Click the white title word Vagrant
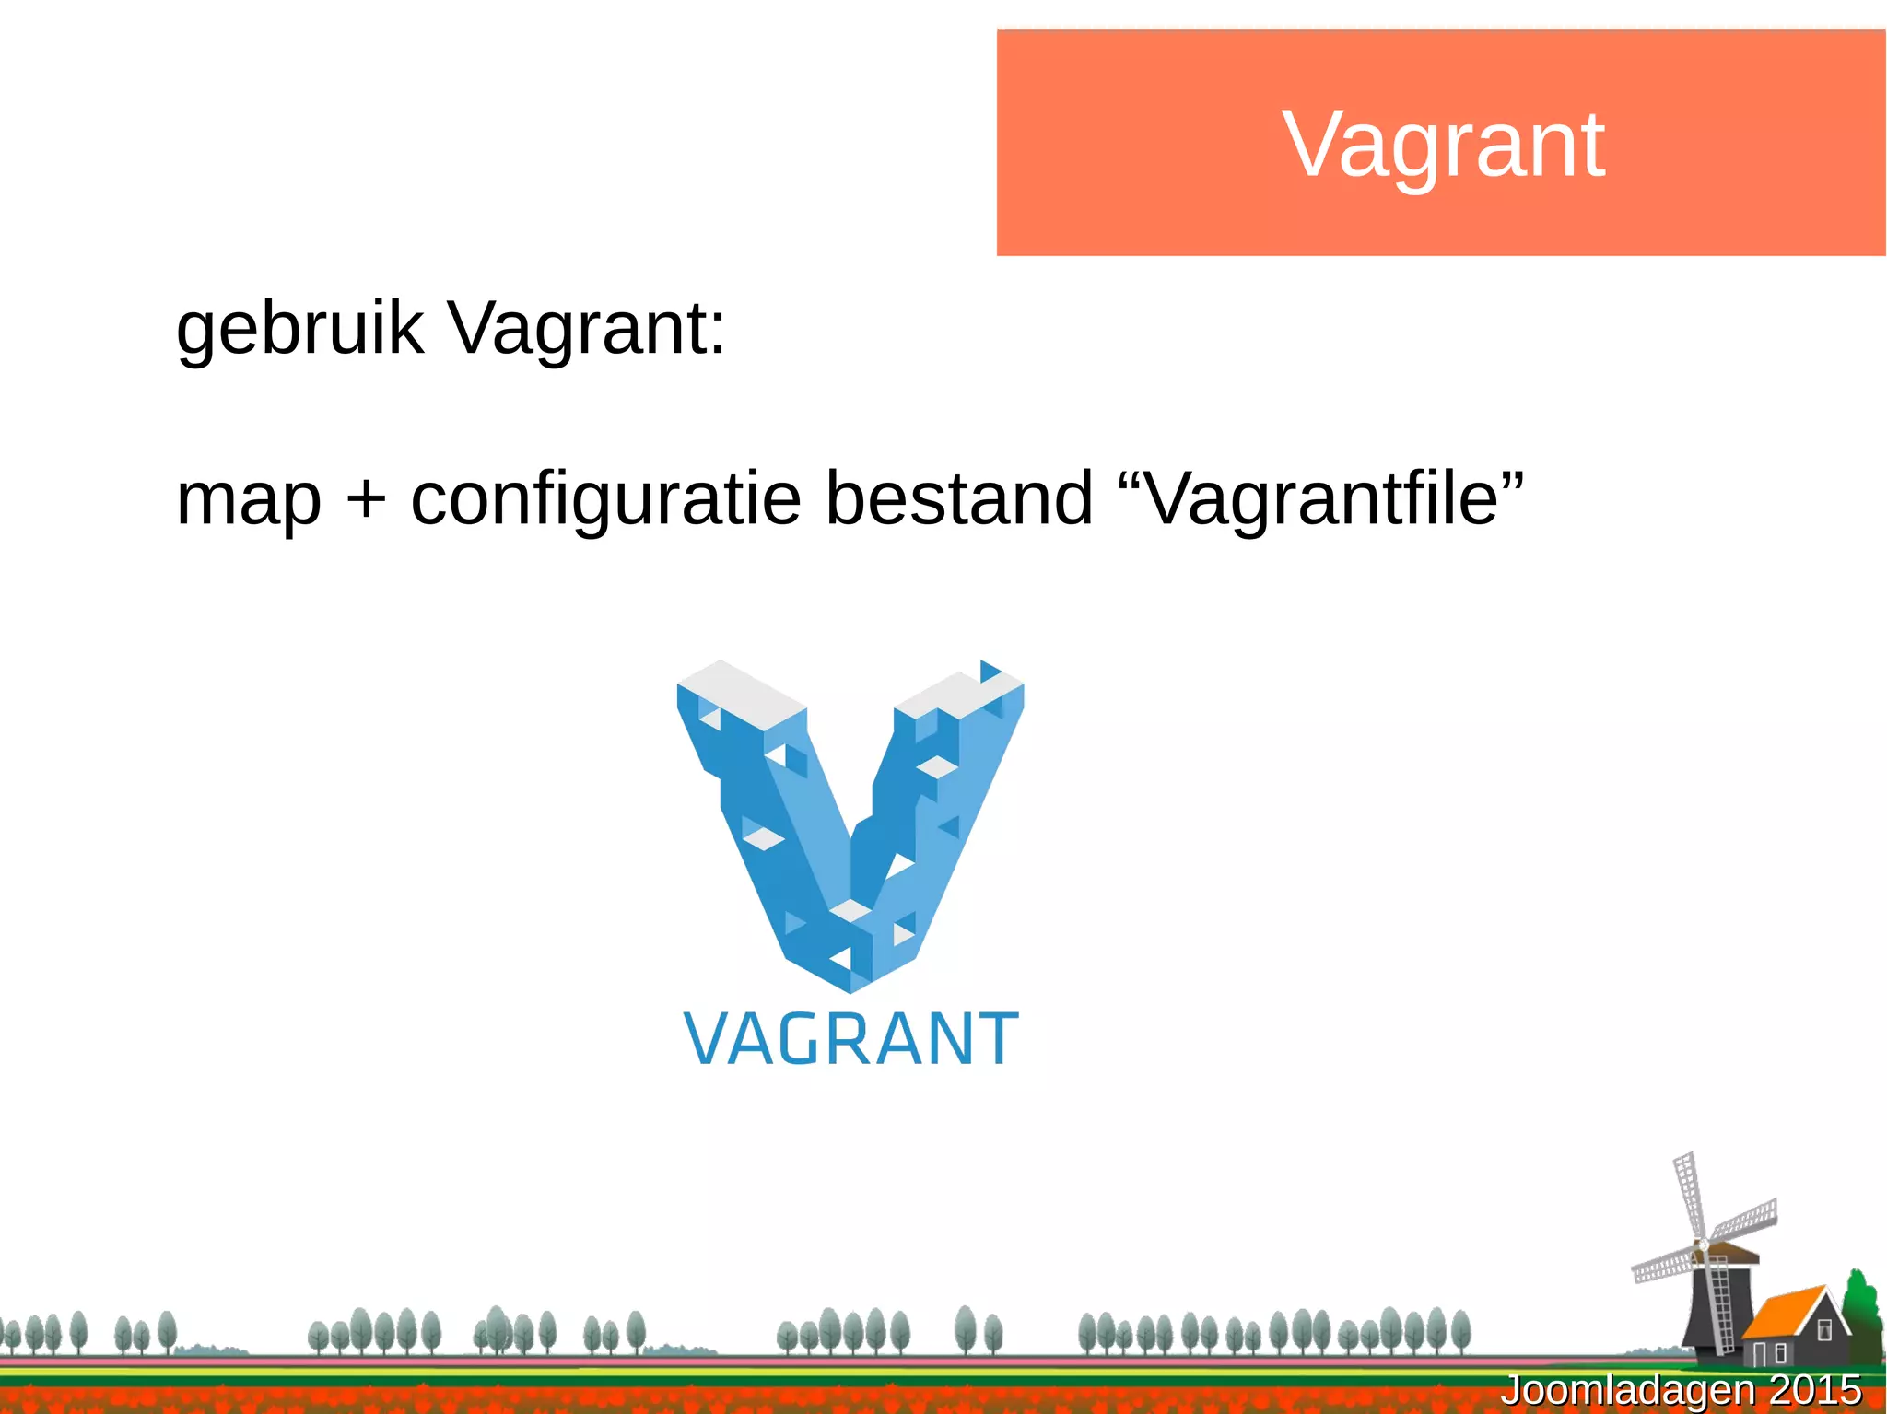point(1443,145)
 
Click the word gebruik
point(299,328)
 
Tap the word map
point(249,500)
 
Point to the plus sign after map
point(366,500)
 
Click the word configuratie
point(605,500)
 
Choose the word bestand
point(958,498)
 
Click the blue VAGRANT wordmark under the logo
point(850,1038)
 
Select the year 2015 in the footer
point(1815,1390)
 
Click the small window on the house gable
point(1824,1330)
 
